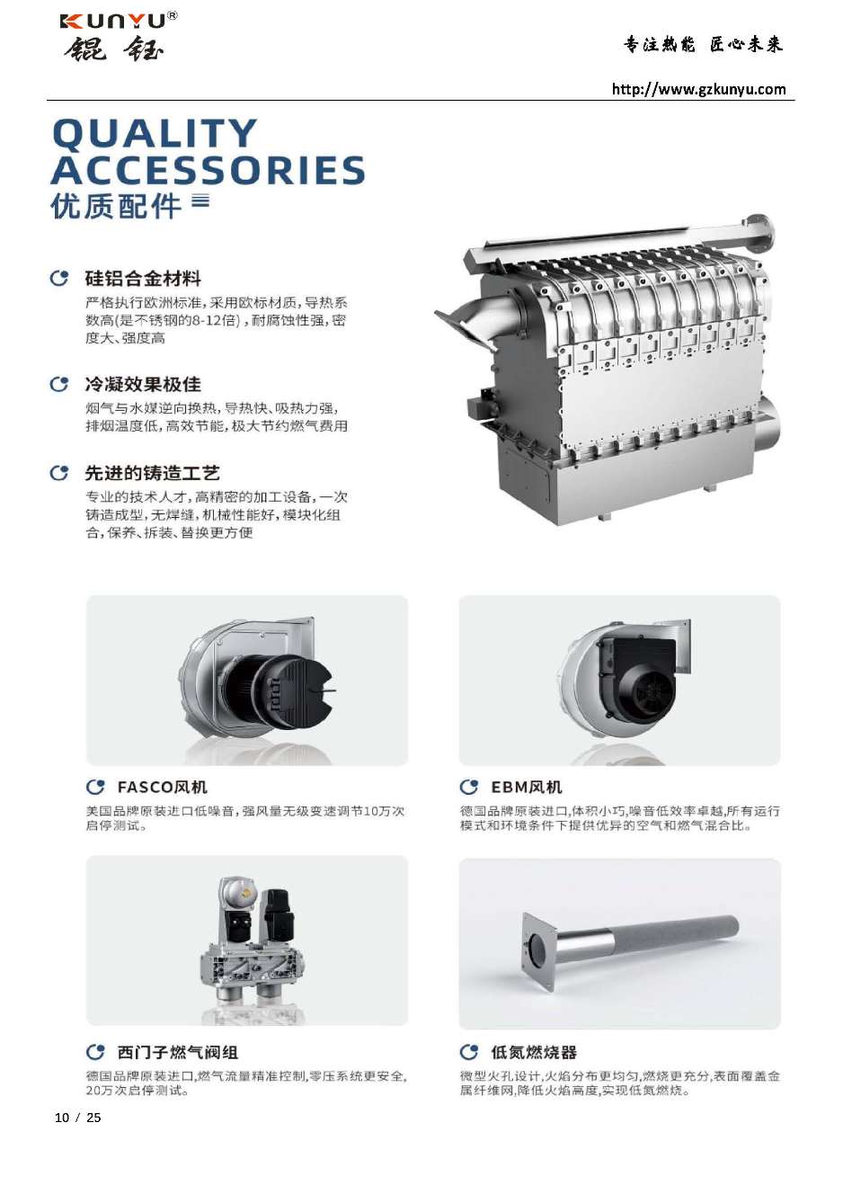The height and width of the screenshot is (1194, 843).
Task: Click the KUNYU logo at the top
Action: (x=119, y=36)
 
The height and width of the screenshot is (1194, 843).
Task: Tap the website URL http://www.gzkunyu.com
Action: (x=698, y=89)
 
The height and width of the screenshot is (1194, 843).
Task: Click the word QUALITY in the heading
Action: (x=155, y=133)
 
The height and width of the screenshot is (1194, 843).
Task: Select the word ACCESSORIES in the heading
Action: (x=209, y=170)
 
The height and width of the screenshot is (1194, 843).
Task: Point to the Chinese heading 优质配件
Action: (x=116, y=206)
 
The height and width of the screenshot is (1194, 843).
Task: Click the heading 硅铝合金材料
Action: (x=143, y=278)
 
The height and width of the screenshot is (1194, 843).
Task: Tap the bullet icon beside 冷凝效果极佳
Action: (x=59, y=384)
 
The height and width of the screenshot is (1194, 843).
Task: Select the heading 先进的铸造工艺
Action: (x=153, y=473)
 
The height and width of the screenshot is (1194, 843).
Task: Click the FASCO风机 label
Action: (x=162, y=787)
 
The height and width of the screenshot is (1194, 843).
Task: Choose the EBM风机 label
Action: (x=527, y=787)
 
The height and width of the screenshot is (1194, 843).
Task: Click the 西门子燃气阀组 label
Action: (x=177, y=1052)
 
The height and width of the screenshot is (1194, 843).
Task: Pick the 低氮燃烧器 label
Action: (x=534, y=1052)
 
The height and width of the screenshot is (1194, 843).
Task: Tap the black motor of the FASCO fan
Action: (x=280, y=691)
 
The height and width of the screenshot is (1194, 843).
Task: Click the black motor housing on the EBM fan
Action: (x=639, y=675)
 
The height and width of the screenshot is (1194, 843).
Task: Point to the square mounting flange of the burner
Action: (x=538, y=951)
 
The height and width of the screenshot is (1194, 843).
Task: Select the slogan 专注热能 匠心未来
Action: (x=703, y=44)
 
